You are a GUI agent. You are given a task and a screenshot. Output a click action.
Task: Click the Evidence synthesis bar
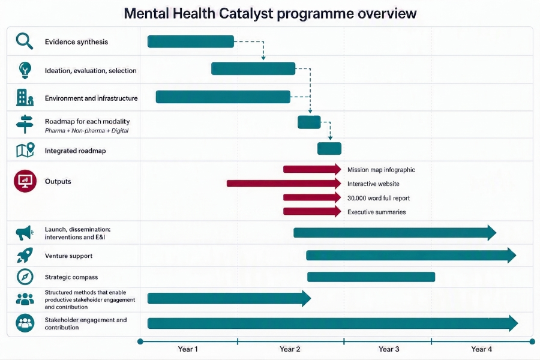(x=190, y=41)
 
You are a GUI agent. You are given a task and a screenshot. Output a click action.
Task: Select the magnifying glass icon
(x=25, y=41)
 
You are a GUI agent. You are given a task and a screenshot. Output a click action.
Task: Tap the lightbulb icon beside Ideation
(x=25, y=70)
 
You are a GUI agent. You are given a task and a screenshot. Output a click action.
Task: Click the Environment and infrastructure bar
(x=223, y=97)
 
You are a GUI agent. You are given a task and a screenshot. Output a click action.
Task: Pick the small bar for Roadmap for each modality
(x=309, y=122)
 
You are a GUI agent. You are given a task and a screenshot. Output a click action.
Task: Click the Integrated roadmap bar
(x=329, y=148)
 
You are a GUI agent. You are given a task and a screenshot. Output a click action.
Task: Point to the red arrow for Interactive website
(x=284, y=183)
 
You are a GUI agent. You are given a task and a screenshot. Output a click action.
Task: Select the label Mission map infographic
(x=381, y=170)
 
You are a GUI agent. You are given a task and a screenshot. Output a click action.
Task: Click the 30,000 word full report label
(x=379, y=198)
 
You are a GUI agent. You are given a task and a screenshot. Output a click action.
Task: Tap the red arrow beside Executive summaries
(x=312, y=212)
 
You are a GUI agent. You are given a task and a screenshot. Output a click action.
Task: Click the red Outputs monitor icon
(x=25, y=181)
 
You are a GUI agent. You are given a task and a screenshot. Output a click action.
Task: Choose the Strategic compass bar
(x=371, y=277)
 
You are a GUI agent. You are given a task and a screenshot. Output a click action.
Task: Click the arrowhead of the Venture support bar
(x=512, y=256)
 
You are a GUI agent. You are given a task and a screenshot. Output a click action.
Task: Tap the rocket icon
(x=25, y=256)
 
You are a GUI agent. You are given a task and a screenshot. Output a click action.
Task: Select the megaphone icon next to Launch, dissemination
(x=25, y=233)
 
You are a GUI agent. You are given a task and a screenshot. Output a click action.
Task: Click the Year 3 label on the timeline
(x=389, y=349)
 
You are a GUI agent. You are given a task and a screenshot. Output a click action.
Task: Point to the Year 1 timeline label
(x=188, y=349)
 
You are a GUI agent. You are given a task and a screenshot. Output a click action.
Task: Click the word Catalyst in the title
(x=246, y=13)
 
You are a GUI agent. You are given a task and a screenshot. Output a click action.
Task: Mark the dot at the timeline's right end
(x=532, y=341)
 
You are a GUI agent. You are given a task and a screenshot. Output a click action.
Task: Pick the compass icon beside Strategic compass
(x=25, y=277)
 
